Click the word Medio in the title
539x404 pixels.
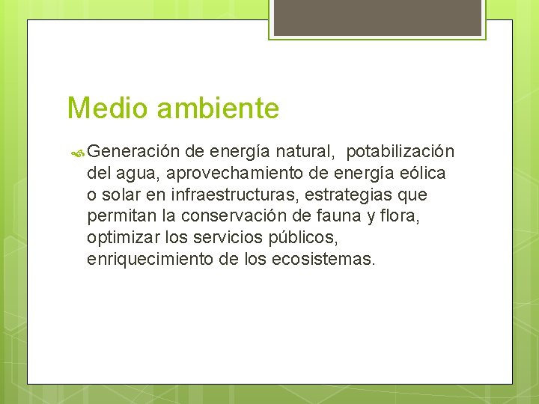[109, 108]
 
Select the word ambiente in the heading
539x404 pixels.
[217, 108]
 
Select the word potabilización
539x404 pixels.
[400, 152]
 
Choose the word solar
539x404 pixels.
[122, 196]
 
